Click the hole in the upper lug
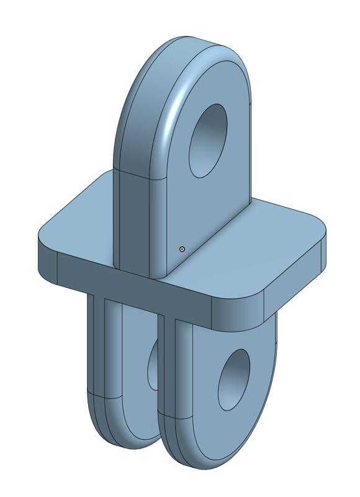(209, 140)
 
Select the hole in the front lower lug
(234, 379)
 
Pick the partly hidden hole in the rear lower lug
(152, 367)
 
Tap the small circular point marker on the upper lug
(182, 249)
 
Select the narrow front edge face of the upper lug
(133, 217)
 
